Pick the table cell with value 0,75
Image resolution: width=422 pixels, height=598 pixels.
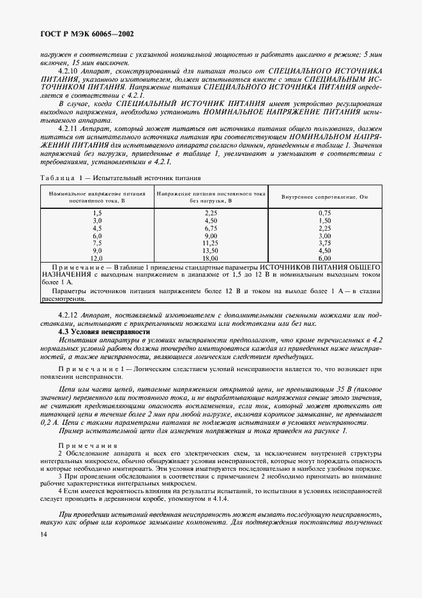click(x=324, y=212)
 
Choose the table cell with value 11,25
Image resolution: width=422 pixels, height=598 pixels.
click(x=210, y=243)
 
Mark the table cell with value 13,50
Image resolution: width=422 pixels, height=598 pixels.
click(x=210, y=250)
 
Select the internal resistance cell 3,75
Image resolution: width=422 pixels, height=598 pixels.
click(x=324, y=243)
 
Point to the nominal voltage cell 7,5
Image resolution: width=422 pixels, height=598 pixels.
click(x=97, y=243)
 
